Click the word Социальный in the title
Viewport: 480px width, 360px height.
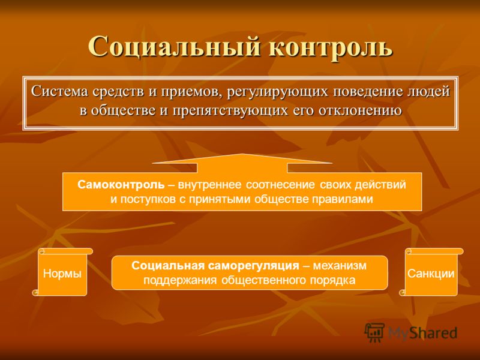[x=174, y=47]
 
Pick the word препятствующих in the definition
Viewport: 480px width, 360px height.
[x=230, y=111]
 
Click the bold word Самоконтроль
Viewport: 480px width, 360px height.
[x=121, y=185]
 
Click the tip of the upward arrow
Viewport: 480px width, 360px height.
[x=242, y=154]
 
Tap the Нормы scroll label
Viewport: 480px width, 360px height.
[x=62, y=274]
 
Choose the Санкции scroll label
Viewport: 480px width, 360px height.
[x=431, y=274]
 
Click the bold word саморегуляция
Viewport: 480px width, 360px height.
[x=253, y=265]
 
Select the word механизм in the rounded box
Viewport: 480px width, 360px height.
[x=340, y=265]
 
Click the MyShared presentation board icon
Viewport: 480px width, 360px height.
[x=374, y=332]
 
